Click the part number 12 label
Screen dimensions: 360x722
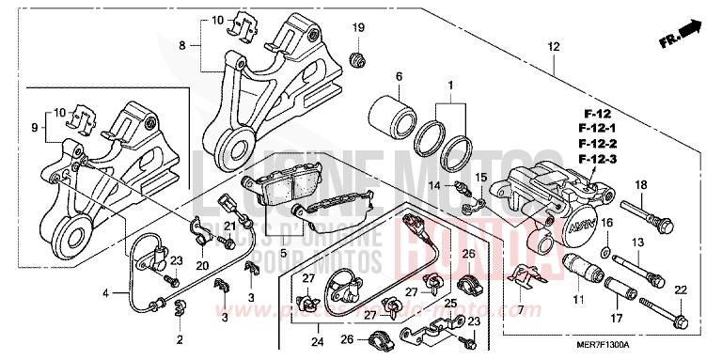[554, 46]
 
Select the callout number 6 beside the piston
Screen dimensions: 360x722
[399, 76]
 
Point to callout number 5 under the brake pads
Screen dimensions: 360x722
[283, 253]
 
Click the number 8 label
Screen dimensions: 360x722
[182, 44]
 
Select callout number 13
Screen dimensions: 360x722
[635, 243]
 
